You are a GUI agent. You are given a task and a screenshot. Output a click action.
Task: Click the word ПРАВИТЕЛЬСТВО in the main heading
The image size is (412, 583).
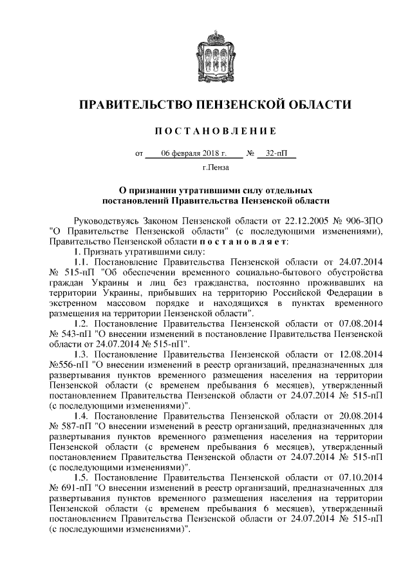[x=132, y=104]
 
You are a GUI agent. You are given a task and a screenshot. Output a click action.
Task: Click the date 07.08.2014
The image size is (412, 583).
[x=362, y=321]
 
